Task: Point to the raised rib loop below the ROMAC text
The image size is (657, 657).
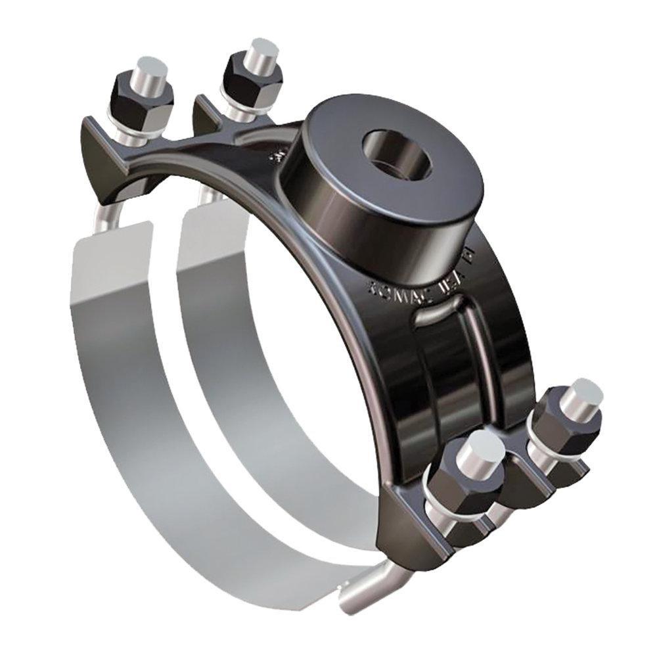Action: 447,315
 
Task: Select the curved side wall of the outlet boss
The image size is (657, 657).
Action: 368,217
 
